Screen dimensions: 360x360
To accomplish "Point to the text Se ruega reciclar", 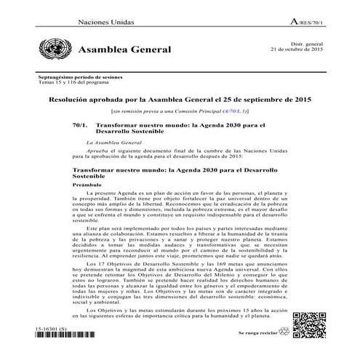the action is [258, 332].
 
